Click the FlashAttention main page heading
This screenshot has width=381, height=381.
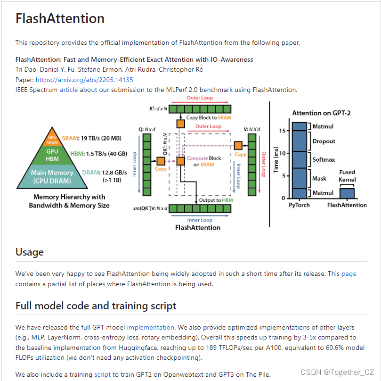[60, 19]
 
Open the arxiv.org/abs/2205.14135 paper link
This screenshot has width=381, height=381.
[84, 80]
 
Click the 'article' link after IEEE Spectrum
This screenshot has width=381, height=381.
[69, 90]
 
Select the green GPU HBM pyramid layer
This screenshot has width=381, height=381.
[52, 155]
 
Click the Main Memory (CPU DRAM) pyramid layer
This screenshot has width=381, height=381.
[52, 176]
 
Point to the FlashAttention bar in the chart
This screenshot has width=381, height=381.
[347, 193]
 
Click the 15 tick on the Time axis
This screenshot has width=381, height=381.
[282, 131]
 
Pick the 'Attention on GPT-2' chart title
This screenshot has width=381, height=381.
[321, 113]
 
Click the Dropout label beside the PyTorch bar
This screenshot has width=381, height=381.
[324, 141]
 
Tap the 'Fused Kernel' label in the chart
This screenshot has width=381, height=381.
[347, 176]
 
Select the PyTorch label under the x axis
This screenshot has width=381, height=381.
[299, 205]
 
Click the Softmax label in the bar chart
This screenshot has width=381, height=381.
[324, 159]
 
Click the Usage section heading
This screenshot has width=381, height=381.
[30, 252]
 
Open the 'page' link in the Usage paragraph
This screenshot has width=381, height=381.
[349, 273]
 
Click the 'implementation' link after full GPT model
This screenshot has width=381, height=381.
[150, 327]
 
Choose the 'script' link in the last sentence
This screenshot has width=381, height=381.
[102, 375]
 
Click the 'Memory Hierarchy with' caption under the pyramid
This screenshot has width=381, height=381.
[69, 197]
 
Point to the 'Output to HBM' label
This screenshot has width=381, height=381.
[216, 200]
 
